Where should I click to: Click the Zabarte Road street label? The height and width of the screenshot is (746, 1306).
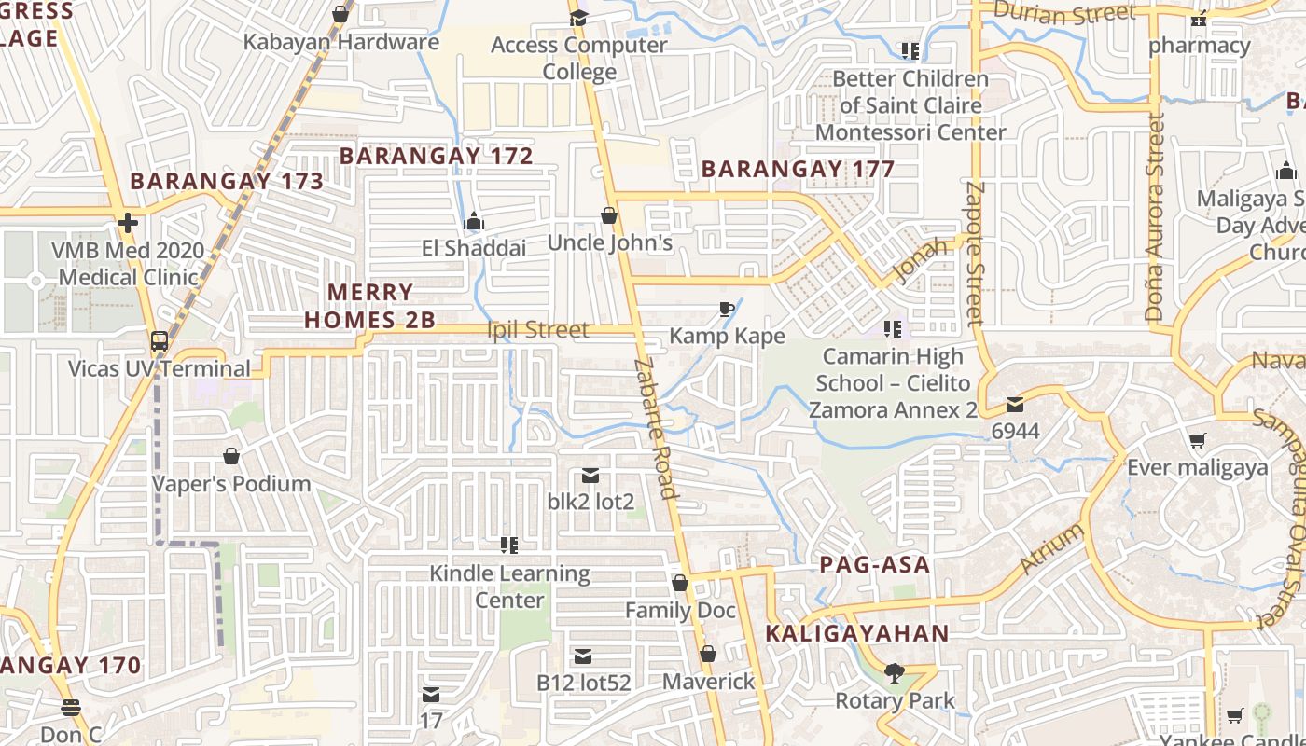[x=654, y=428]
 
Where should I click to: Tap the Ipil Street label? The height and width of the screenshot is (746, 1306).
[x=538, y=329]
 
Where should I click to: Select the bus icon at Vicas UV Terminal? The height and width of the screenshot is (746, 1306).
[x=160, y=341]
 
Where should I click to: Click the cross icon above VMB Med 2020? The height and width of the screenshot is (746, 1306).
[x=128, y=223]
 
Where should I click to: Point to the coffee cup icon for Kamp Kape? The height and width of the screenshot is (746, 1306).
[x=727, y=309]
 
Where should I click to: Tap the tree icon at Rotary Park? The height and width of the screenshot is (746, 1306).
[x=894, y=672]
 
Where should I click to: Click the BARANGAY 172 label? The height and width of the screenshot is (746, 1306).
[x=437, y=156]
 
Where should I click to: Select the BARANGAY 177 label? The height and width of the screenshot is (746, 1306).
[x=798, y=169]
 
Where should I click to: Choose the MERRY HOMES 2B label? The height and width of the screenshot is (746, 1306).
[x=369, y=306]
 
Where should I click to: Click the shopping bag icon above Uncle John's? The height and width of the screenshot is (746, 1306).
[x=609, y=216]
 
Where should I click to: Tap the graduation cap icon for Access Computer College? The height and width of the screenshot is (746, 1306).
[x=578, y=18]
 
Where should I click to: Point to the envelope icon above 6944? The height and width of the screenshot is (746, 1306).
[x=1015, y=405]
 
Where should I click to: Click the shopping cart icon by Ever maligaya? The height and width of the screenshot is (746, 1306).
[x=1198, y=440]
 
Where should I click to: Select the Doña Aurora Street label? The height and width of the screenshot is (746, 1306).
[x=1155, y=218]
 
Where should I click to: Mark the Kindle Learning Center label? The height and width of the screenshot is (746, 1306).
[x=509, y=587]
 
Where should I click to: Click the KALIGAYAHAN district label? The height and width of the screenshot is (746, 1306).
[x=857, y=633]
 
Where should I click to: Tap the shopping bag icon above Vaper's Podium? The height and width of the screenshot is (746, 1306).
[x=231, y=456]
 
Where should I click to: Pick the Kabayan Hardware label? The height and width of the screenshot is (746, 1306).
[x=340, y=42]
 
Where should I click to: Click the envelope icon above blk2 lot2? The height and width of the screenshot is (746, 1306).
[x=590, y=476]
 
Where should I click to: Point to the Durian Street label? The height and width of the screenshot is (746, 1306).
[x=1063, y=13]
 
